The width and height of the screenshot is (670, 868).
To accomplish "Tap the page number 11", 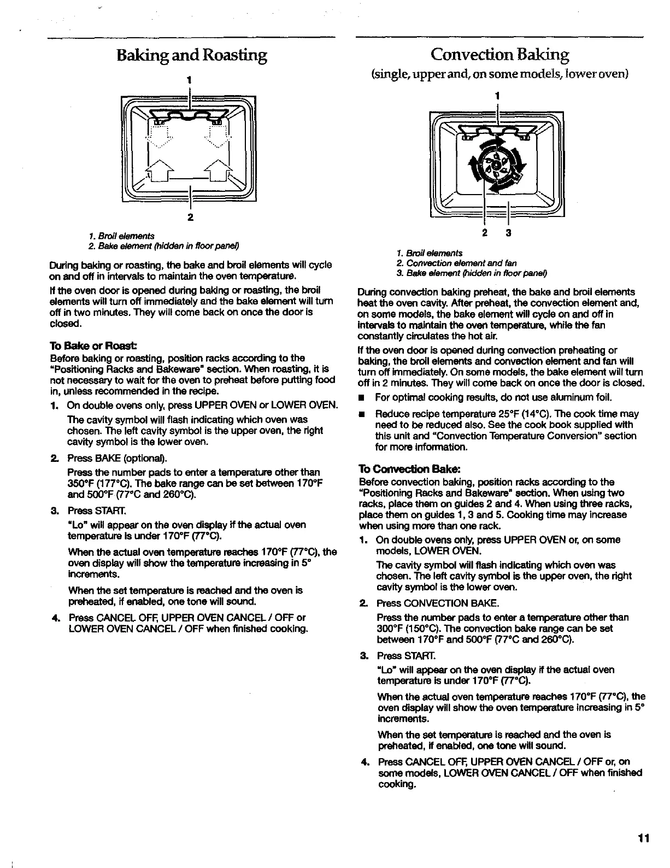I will (x=643, y=838).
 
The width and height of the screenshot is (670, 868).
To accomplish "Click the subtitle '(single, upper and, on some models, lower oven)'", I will (x=499, y=74).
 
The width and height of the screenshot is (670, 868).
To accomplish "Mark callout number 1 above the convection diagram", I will (x=497, y=95).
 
